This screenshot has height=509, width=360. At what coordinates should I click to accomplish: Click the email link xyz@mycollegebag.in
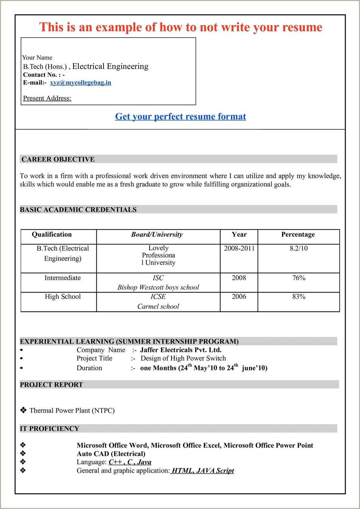(x=80, y=83)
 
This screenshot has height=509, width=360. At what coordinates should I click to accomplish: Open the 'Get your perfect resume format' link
(x=181, y=117)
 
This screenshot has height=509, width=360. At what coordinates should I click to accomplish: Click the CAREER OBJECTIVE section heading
(x=58, y=159)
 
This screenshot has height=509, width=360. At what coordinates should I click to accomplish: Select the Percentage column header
(x=298, y=235)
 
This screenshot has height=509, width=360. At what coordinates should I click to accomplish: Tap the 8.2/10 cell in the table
(x=299, y=248)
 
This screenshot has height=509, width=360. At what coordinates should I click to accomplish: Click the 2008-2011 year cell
(x=239, y=248)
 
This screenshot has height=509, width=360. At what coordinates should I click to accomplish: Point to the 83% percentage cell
(x=299, y=297)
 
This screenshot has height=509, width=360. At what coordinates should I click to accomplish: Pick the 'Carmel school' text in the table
(x=158, y=307)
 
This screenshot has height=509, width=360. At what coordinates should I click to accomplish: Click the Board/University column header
(x=157, y=235)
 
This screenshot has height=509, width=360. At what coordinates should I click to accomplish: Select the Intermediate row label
(x=63, y=278)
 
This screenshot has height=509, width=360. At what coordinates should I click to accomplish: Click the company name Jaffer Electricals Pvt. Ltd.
(x=181, y=350)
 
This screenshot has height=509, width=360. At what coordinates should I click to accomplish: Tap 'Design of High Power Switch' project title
(x=183, y=358)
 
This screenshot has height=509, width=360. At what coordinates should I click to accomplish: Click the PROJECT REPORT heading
(x=51, y=385)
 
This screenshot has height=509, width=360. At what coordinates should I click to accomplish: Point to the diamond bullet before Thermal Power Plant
(x=23, y=410)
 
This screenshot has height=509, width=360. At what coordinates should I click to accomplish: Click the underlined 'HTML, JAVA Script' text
(x=202, y=471)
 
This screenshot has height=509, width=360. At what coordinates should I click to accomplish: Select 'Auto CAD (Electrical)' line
(x=111, y=454)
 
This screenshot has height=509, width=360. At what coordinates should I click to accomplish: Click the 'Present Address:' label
(x=47, y=98)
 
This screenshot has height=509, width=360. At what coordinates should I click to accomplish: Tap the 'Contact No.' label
(x=40, y=75)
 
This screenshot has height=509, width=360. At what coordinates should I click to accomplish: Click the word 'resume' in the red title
(x=302, y=27)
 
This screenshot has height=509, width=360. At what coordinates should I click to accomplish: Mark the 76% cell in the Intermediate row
(x=299, y=278)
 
